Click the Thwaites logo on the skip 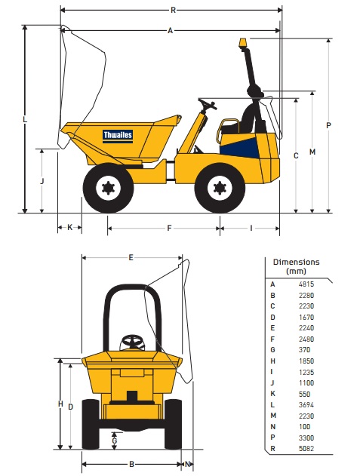(118, 135)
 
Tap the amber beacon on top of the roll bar (243, 42)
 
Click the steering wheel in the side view (208, 103)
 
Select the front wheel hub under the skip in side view (108, 189)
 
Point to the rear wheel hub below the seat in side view (220, 189)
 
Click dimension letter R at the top (173, 11)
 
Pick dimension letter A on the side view (170, 30)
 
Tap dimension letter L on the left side (25, 119)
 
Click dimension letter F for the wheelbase (170, 228)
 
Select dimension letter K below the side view (70, 227)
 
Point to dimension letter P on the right (328, 125)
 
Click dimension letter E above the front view (131, 258)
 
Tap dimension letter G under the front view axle (115, 441)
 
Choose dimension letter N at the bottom (188, 464)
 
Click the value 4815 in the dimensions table (306, 284)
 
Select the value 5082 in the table (306, 448)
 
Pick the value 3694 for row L (306, 404)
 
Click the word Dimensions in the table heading (296, 262)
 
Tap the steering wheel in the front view (132, 342)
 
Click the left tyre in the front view (91, 424)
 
